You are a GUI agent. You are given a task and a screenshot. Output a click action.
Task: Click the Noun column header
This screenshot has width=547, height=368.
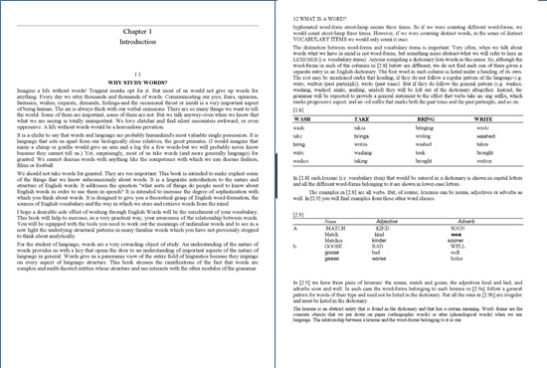point(330,220)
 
